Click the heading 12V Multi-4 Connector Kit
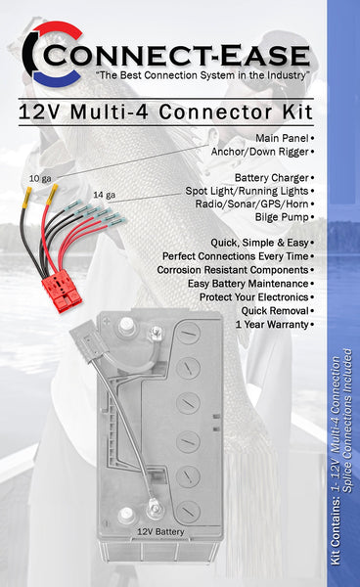click(x=165, y=113)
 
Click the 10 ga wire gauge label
click(x=40, y=178)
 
